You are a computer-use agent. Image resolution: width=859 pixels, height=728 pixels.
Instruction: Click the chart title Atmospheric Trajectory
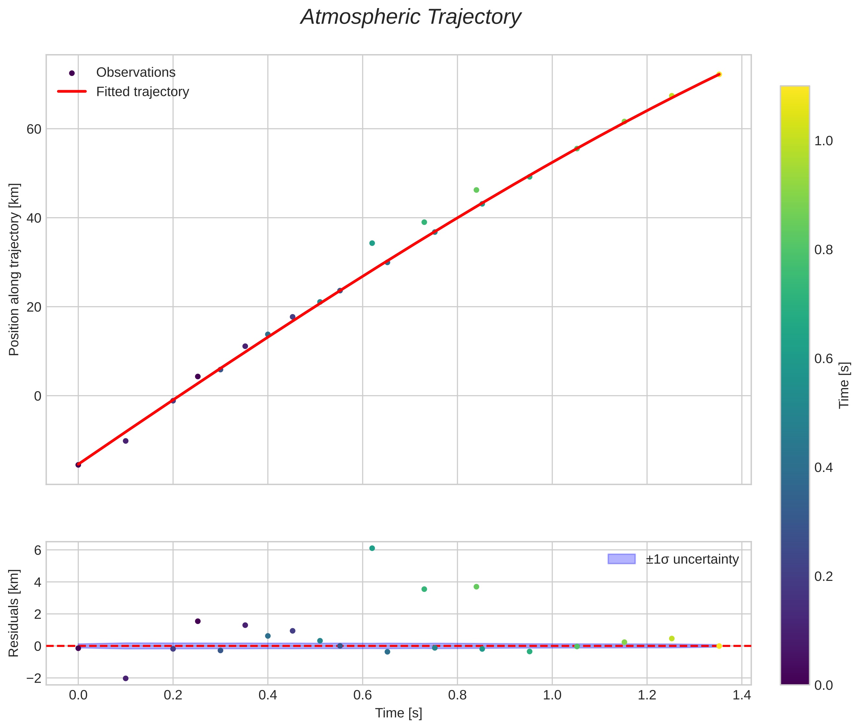point(411,17)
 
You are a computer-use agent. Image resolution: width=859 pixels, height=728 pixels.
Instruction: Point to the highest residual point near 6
point(372,548)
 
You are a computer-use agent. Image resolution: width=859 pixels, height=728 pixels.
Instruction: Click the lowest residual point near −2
point(125,678)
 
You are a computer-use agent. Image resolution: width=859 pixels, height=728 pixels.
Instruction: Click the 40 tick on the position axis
point(34,218)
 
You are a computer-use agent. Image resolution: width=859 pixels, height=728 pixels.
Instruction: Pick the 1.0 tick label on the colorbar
point(823,141)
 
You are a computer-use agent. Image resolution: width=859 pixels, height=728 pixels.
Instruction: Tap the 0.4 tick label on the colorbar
point(823,468)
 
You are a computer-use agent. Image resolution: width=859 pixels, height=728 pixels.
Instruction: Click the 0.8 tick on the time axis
point(457,695)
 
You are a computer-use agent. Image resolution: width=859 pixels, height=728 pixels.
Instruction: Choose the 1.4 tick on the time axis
point(741,695)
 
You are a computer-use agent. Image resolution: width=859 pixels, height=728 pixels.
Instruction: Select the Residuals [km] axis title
point(14,613)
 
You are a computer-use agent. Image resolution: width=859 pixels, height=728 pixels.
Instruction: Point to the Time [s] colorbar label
point(844,385)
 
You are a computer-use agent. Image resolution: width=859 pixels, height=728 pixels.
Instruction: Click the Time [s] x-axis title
point(398,713)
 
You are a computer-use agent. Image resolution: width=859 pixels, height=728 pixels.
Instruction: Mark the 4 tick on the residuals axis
point(38,582)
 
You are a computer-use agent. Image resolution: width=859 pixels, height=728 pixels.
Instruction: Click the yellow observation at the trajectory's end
point(719,74)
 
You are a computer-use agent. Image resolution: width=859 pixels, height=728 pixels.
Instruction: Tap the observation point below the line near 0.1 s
point(125,441)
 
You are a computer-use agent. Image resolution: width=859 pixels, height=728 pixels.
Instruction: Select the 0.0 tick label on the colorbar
point(823,686)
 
